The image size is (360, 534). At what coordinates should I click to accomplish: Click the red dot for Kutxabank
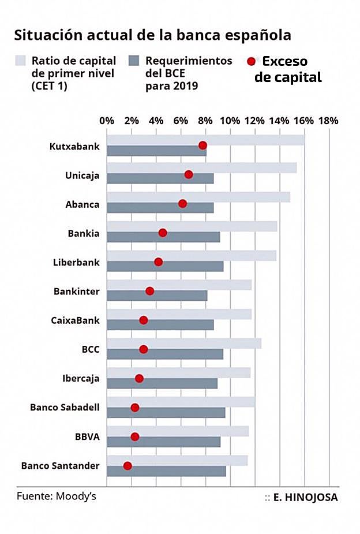[202, 145]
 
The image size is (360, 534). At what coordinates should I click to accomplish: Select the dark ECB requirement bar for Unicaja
[160, 179]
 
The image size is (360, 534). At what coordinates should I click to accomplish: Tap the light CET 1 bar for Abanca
[198, 197]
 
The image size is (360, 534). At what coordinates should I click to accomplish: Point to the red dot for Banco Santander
[127, 465]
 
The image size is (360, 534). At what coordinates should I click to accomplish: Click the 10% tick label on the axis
[230, 121]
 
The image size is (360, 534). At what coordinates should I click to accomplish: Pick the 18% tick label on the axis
[328, 121]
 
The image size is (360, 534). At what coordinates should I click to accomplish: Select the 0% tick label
[107, 121]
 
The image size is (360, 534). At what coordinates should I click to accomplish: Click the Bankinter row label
[76, 292]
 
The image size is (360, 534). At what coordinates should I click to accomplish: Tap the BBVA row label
[87, 437]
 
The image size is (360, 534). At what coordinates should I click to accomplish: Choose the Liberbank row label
[76, 262]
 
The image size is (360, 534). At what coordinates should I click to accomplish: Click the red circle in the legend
[251, 61]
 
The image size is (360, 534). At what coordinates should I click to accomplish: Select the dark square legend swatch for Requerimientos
[135, 61]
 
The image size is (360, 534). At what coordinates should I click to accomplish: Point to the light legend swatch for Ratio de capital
[21, 61]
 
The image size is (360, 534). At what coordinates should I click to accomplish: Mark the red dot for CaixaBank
[143, 320]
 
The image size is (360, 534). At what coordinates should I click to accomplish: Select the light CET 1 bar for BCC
[184, 343]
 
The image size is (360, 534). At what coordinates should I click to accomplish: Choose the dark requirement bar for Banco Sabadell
[166, 413]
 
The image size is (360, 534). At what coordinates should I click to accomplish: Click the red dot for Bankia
[163, 233]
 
